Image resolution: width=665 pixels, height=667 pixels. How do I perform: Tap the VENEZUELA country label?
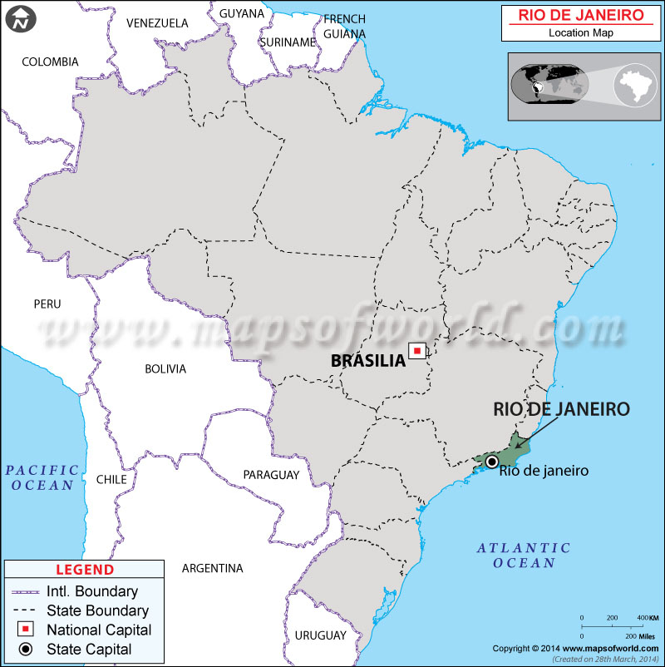[157, 23]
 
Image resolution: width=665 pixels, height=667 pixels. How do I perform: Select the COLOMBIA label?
[50, 62]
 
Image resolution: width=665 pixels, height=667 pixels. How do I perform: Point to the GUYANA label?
[242, 13]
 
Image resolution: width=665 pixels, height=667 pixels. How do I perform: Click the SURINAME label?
[287, 42]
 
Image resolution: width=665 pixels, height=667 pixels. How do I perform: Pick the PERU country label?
[47, 304]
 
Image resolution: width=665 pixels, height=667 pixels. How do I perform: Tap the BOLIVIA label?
[165, 368]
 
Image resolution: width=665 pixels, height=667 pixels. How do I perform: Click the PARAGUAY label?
[271, 475]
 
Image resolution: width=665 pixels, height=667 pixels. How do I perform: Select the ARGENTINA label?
[212, 568]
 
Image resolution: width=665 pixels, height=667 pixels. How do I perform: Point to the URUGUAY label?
[320, 635]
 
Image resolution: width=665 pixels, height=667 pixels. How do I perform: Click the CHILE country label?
[111, 479]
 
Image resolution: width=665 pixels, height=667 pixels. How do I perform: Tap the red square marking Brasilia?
[417, 352]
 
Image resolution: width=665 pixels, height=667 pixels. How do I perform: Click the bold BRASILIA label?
[367, 360]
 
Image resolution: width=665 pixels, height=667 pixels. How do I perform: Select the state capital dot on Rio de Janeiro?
[492, 461]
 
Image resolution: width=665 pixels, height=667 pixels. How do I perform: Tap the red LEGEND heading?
[84, 570]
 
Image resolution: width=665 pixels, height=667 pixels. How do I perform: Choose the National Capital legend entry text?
[99, 630]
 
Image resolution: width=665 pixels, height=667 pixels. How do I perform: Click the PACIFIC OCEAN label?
[41, 477]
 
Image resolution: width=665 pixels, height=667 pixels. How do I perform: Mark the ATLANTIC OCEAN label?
[523, 556]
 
